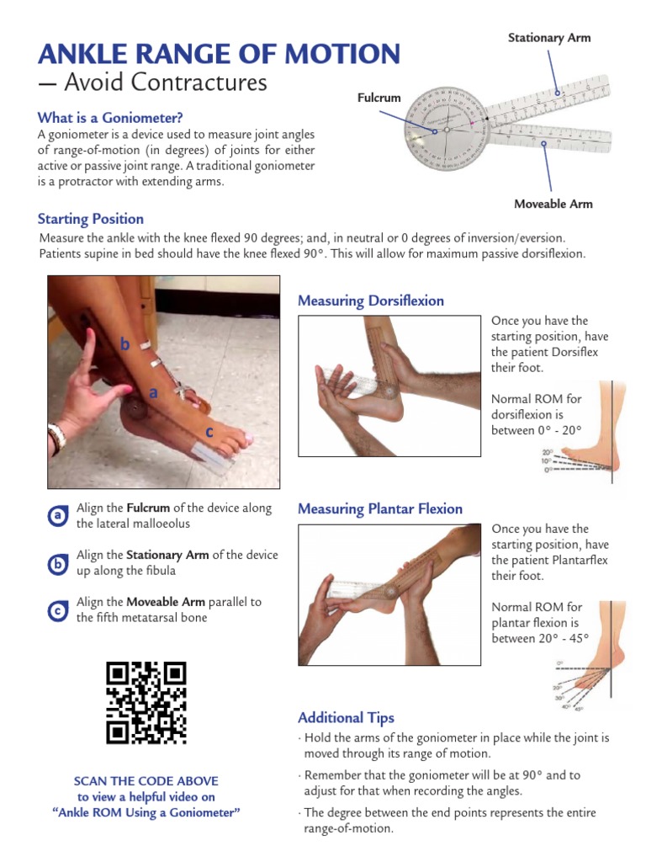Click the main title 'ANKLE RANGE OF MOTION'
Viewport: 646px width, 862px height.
[219, 54]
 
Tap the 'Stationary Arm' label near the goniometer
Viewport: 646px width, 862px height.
[549, 38]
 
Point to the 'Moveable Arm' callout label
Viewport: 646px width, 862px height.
[553, 204]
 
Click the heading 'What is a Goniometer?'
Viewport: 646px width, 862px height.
[110, 118]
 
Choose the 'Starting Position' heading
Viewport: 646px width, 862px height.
[91, 219]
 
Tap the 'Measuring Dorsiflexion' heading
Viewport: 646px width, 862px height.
[371, 301]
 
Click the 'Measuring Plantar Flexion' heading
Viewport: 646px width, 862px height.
[380, 508]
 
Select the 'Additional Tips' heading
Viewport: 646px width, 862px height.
[346, 717]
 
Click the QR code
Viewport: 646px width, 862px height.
[146, 703]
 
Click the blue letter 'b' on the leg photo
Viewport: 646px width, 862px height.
[124, 343]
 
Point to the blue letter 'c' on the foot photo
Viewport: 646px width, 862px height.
[209, 432]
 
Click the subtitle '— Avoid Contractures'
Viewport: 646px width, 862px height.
[152, 83]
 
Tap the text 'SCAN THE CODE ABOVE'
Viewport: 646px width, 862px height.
[146, 781]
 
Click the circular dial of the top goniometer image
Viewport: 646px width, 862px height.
[447, 130]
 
